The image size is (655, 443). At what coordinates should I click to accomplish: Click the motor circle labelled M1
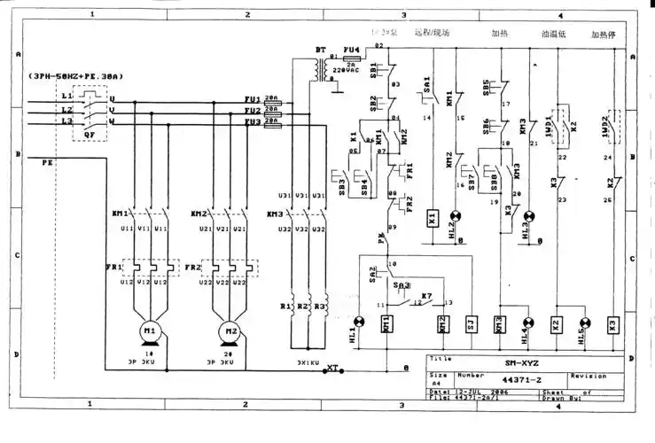pos(149,331)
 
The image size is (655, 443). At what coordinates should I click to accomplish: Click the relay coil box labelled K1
pos(432,216)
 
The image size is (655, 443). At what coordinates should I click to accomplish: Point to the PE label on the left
pos(48,163)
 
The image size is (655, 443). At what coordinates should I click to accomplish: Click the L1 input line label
pos(66,95)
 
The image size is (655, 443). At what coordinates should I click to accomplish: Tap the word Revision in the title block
pos(588,375)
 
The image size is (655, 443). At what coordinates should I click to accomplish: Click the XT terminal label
pos(333,366)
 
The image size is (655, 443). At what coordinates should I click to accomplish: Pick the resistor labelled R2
pos(304,307)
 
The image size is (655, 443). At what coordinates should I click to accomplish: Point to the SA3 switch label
pos(402,285)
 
